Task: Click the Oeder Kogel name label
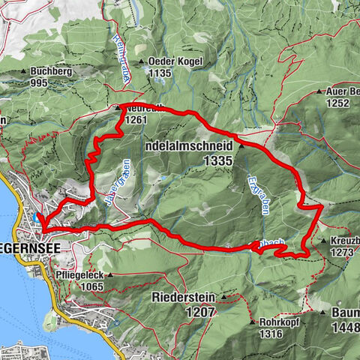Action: [169, 62]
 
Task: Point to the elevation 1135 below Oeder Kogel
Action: [160, 73]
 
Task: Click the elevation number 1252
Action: [338, 103]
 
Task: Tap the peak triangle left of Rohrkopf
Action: [255, 322]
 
